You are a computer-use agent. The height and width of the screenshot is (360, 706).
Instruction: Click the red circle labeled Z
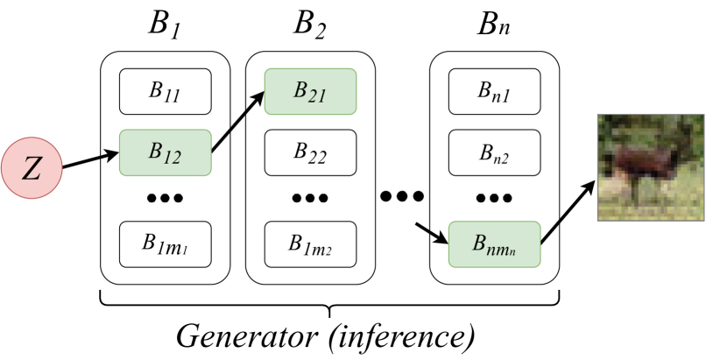[x=31, y=168]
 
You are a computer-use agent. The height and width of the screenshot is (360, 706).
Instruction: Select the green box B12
[x=166, y=152]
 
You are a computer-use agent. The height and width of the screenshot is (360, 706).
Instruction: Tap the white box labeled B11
[x=166, y=91]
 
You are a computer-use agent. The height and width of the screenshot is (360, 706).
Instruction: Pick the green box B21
[x=310, y=91]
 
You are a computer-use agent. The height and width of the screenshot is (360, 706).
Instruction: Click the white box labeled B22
[x=310, y=152]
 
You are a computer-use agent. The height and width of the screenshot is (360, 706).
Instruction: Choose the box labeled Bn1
[x=494, y=91]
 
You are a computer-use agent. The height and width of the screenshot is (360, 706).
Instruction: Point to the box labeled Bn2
[x=494, y=152]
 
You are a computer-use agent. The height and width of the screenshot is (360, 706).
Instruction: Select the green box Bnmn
[x=494, y=244]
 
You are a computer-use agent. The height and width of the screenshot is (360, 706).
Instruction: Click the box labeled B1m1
[x=166, y=244]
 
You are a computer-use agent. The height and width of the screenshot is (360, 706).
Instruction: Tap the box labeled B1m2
[x=310, y=244]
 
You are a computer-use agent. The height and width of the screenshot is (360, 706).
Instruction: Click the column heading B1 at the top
[x=165, y=26]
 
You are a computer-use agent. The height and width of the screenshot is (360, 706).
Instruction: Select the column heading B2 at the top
[x=310, y=26]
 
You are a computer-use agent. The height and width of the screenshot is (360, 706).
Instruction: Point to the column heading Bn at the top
[x=494, y=26]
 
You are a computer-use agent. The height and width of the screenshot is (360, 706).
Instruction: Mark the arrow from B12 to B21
[x=237, y=122]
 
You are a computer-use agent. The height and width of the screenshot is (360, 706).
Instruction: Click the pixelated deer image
[x=651, y=167]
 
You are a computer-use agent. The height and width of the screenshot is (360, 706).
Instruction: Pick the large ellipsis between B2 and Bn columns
[x=402, y=195]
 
